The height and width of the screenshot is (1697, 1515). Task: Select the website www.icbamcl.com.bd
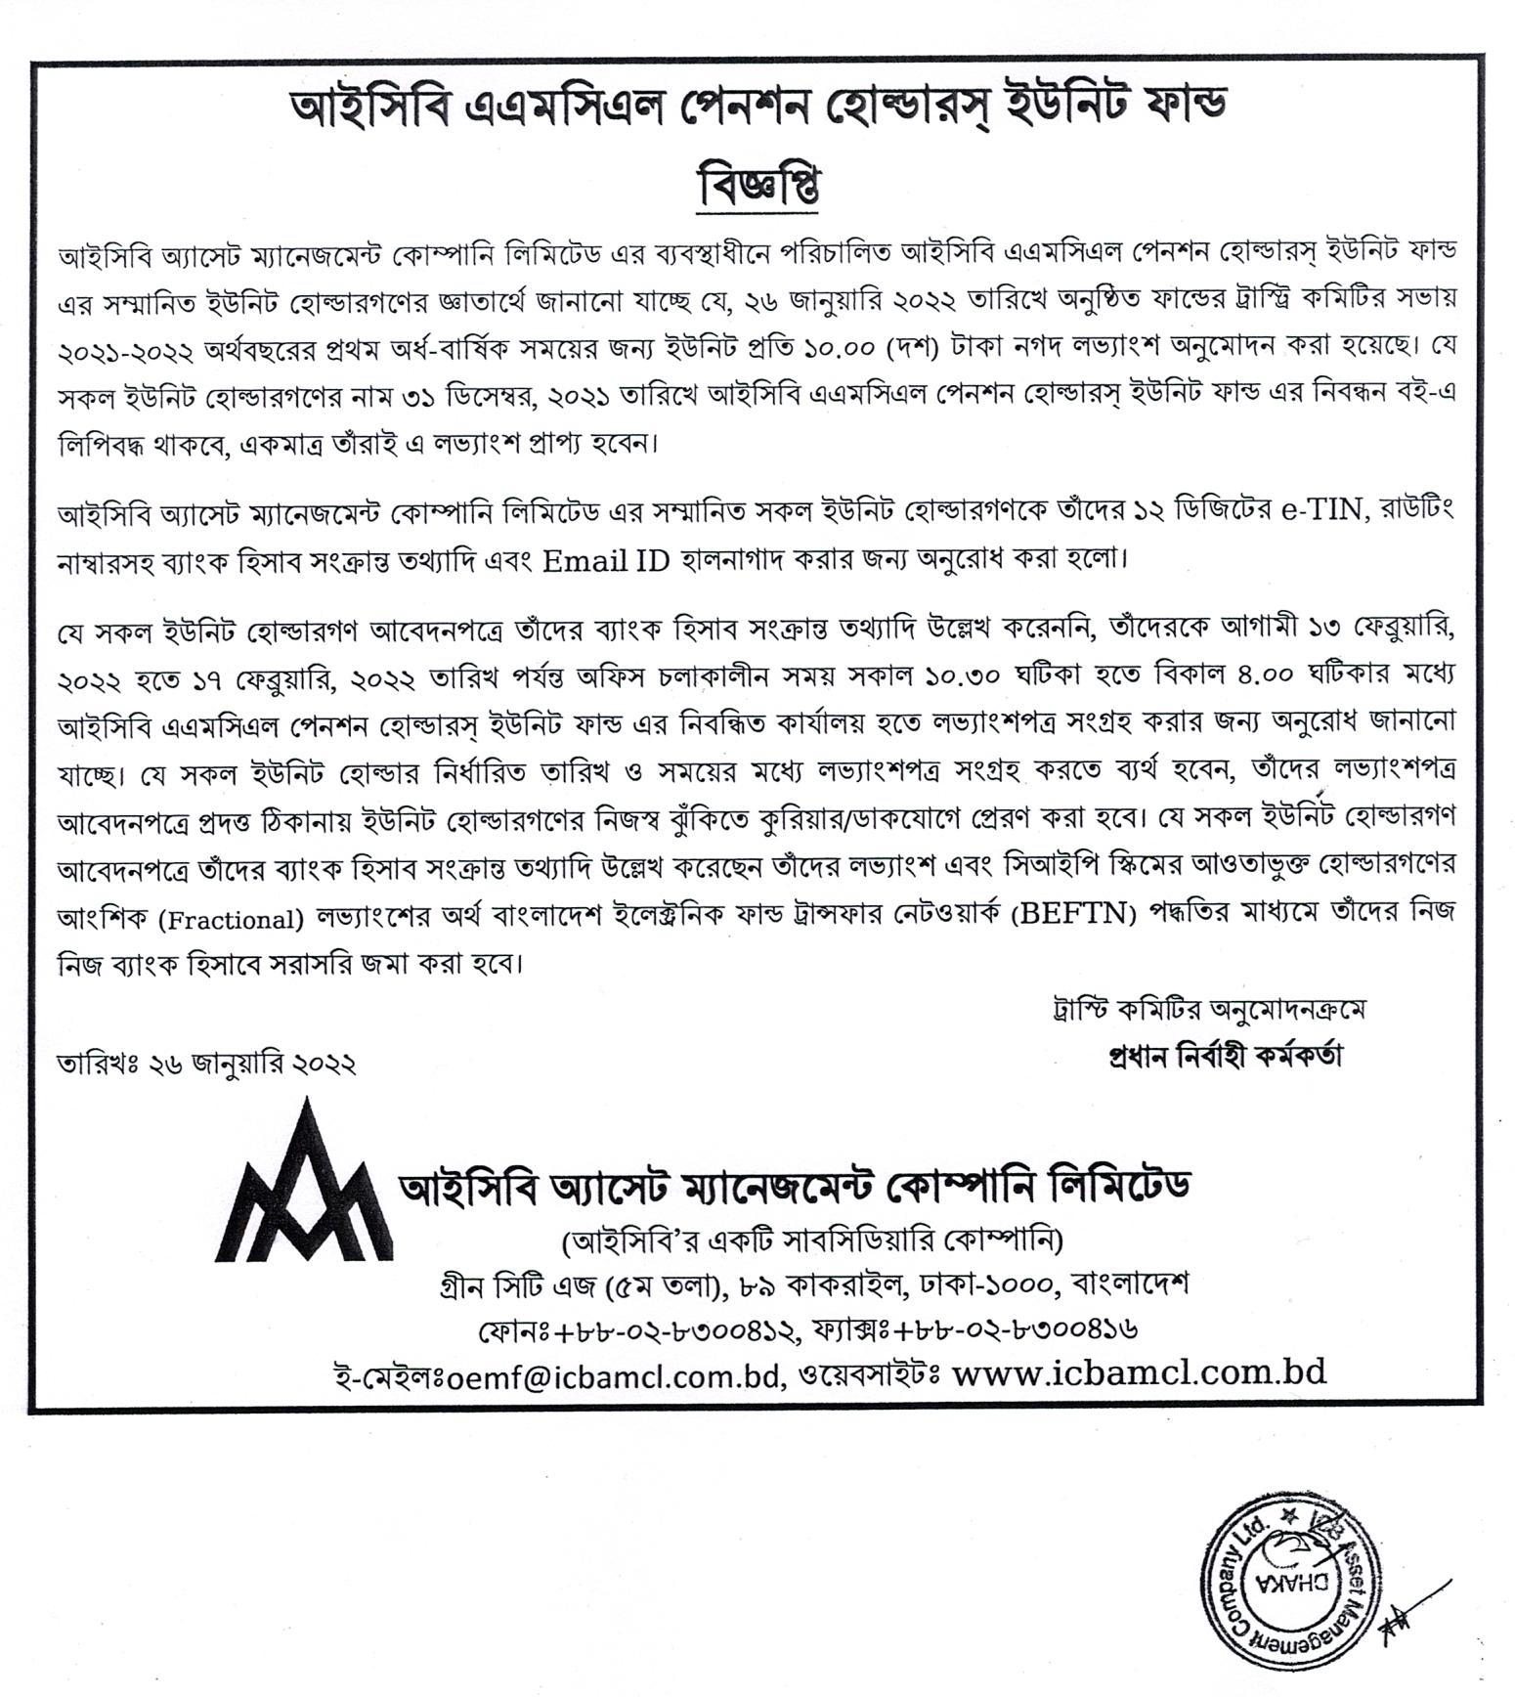coord(1139,1372)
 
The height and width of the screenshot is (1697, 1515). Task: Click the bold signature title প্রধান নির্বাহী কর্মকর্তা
coord(1225,1057)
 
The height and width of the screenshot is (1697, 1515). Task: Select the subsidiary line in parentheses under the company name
coord(811,1240)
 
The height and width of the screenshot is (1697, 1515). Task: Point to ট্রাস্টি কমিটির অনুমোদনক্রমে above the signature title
coord(1202,1010)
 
